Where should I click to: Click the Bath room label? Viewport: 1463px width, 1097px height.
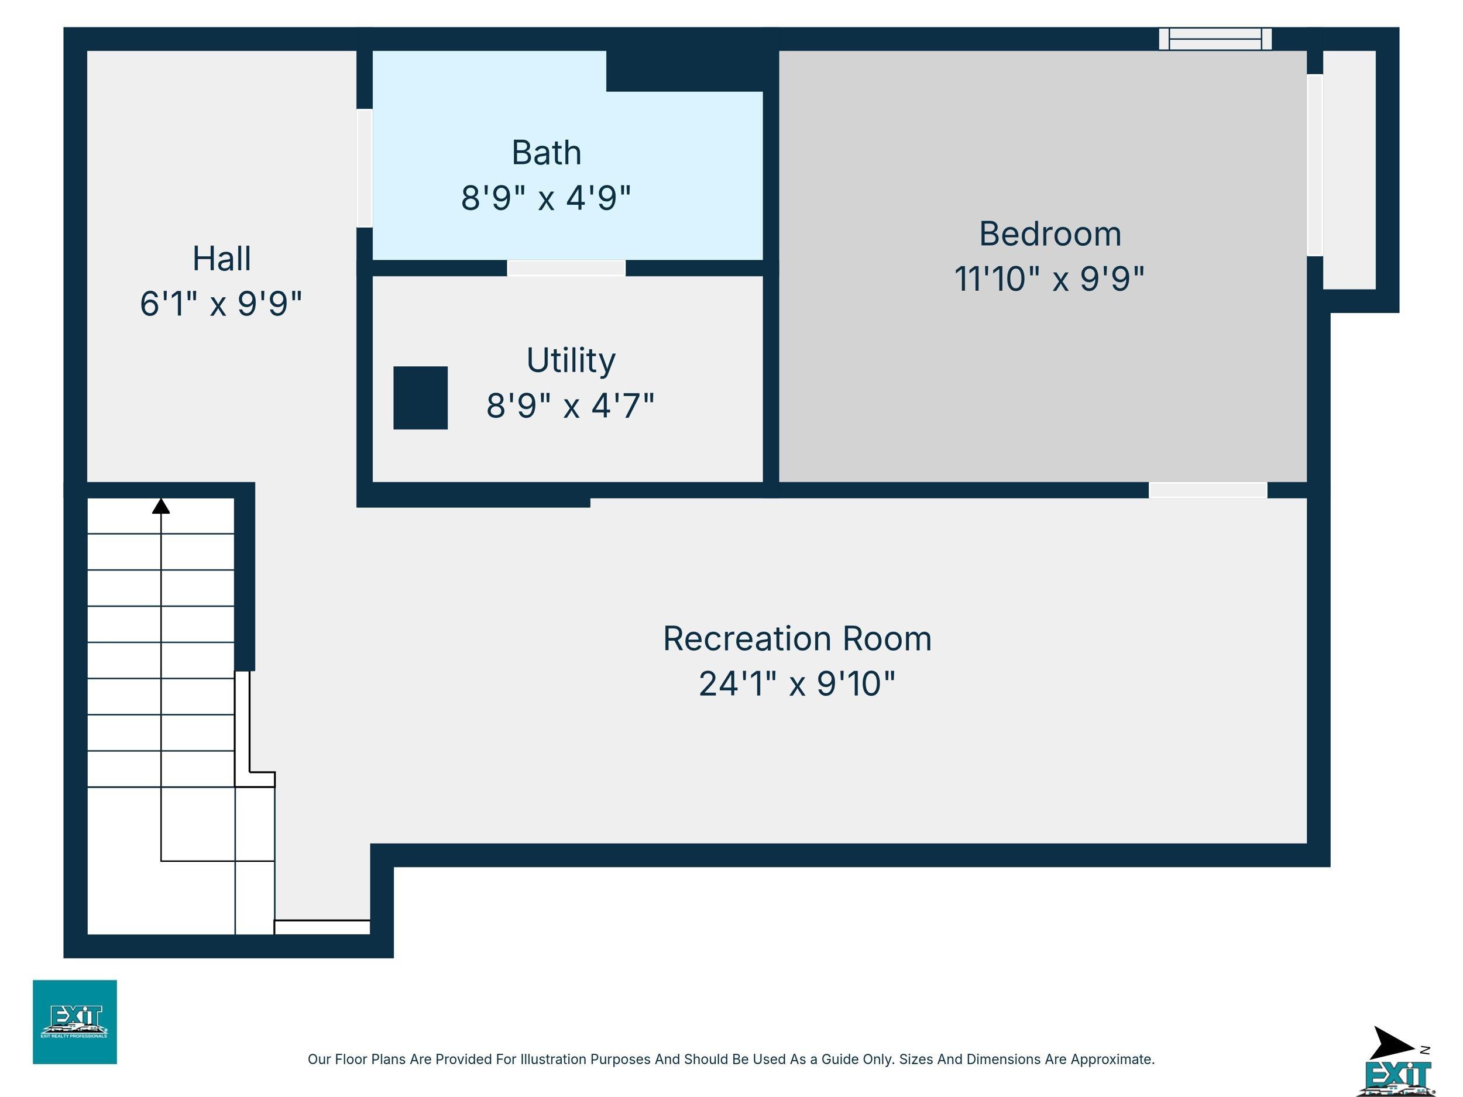pos(547,153)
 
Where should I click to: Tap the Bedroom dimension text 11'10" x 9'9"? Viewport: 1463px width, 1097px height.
pos(1049,278)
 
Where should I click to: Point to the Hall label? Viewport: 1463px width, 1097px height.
pos(222,259)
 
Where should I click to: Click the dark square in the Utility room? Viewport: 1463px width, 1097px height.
pos(421,398)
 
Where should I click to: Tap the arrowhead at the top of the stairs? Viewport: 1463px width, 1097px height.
pos(161,506)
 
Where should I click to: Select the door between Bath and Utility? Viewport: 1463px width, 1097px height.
pos(566,268)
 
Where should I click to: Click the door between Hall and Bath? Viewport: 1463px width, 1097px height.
pos(365,168)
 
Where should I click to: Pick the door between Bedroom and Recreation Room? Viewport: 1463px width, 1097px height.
pos(1208,490)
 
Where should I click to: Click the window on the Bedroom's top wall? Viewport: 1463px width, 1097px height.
pos(1215,39)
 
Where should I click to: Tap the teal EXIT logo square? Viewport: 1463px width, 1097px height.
pos(75,1022)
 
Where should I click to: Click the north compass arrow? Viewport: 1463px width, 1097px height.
pos(1393,1043)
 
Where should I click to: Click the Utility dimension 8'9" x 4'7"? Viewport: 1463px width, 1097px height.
pos(570,405)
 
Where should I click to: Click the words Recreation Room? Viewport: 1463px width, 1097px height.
pos(797,639)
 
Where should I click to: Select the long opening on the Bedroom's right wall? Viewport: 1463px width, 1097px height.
pos(1315,164)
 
